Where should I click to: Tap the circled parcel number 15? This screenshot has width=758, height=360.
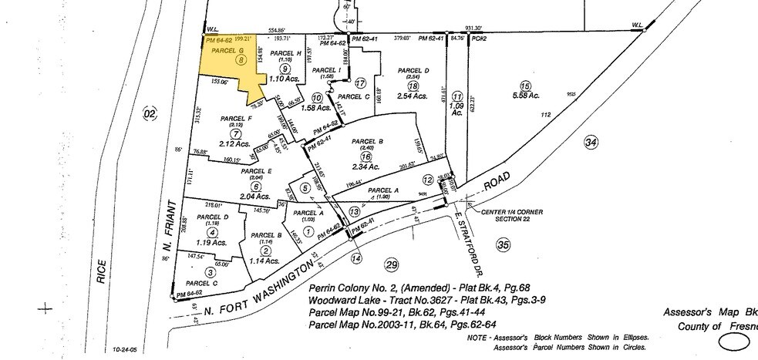tap(526, 86)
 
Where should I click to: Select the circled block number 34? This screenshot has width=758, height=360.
tap(591, 142)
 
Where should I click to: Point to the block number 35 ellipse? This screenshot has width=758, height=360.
tap(504, 245)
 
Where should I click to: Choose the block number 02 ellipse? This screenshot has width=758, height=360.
tap(150, 114)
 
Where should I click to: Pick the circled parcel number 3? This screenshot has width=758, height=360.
tap(210, 271)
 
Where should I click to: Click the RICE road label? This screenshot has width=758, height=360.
tap(101, 274)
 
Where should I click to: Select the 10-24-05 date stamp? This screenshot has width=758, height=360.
tap(123, 350)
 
